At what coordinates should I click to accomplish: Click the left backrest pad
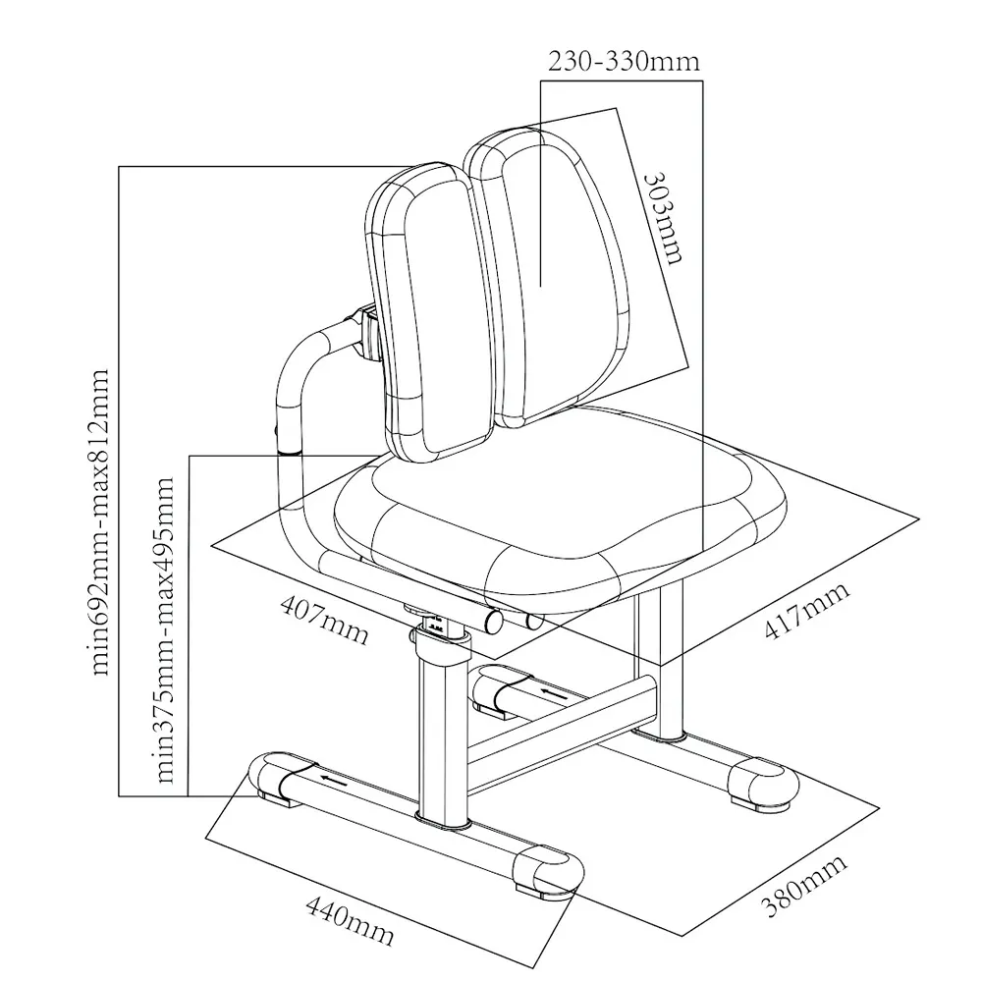tap(424, 304)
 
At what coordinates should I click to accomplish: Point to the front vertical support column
tap(441, 736)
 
